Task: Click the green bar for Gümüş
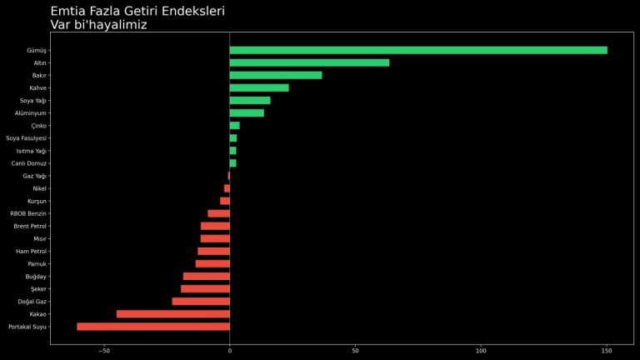tap(418, 50)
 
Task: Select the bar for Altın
tap(309, 62)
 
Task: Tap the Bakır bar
tap(276, 75)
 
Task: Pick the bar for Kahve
tap(259, 87)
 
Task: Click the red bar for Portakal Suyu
tap(153, 327)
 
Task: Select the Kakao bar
tap(173, 314)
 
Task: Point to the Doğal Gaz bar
tap(201, 302)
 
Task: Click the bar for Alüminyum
tap(247, 112)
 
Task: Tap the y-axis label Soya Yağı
tap(33, 100)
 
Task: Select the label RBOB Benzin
tap(29, 213)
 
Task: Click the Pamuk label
tap(37, 264)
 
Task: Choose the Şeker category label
tap(38, 289)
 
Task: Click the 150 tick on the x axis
tap(607, 351)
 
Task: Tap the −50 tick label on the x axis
tap(104, 351)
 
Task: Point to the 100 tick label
tap(481, 351)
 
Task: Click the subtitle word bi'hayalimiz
tap(112, 25)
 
